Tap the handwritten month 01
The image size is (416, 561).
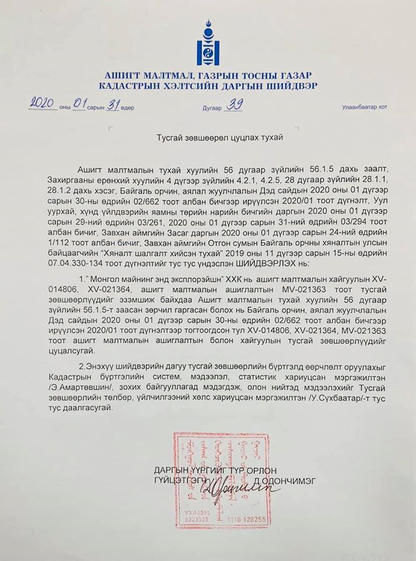coord(78,105)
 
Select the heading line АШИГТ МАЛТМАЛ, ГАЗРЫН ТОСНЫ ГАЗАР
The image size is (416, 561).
coord(208,75)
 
